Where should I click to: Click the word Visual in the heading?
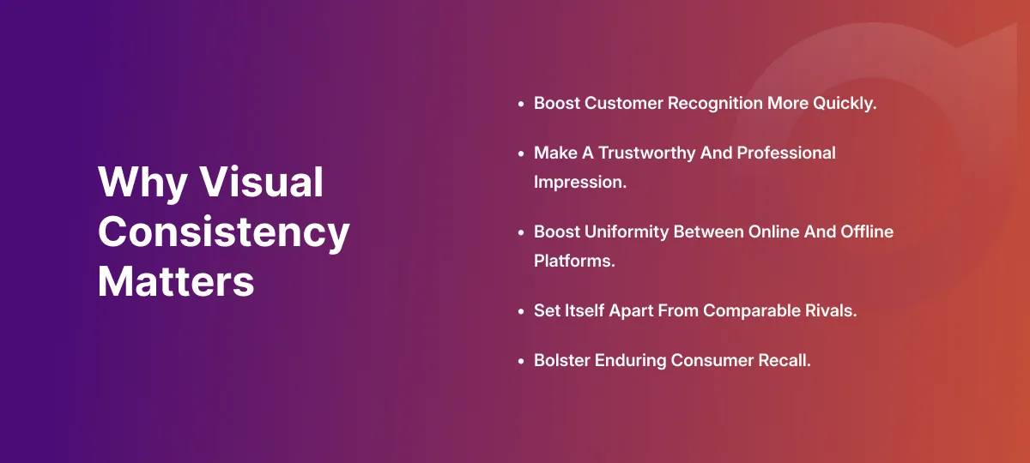pos(261,182)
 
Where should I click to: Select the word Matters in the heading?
pos(176,281)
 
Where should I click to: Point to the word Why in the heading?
pos(142,183)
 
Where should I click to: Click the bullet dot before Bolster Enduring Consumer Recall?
pos(521,361)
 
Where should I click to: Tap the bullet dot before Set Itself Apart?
pos(521,311)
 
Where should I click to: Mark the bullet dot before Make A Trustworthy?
pos(521,153)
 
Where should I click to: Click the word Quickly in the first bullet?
pos(845,104)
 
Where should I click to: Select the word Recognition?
pos(715,104)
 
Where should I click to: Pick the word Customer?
pos(623,103)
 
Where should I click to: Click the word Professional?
pos(786,153)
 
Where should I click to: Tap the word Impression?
pos(580,183)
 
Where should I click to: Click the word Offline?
pos(867,231)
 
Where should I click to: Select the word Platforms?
pos(574,261)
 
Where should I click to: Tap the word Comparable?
pos(751,311)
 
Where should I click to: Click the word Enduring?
pos(630,361)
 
